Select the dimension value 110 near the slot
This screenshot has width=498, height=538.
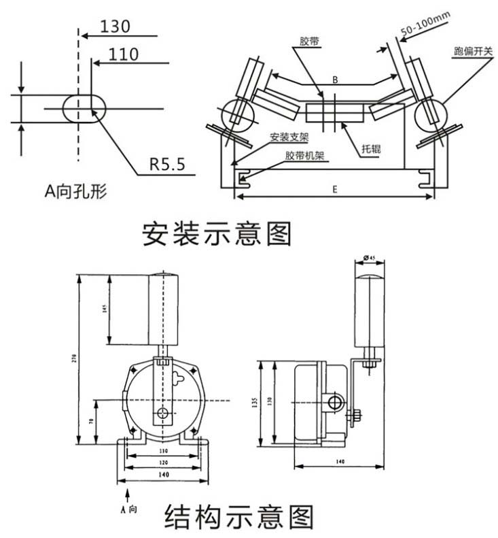point(123,54)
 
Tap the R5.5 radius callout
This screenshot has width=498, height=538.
point(167,164)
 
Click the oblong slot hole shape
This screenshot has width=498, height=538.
point(86,109)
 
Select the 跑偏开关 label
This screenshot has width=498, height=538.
point(473,52)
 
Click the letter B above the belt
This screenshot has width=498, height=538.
point(335,80)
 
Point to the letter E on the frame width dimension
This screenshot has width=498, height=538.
point(335,190)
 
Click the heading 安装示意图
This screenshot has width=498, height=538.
point(217,233)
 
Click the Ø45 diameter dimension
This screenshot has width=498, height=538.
point(371,257)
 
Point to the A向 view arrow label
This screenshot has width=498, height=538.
point(128,508)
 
